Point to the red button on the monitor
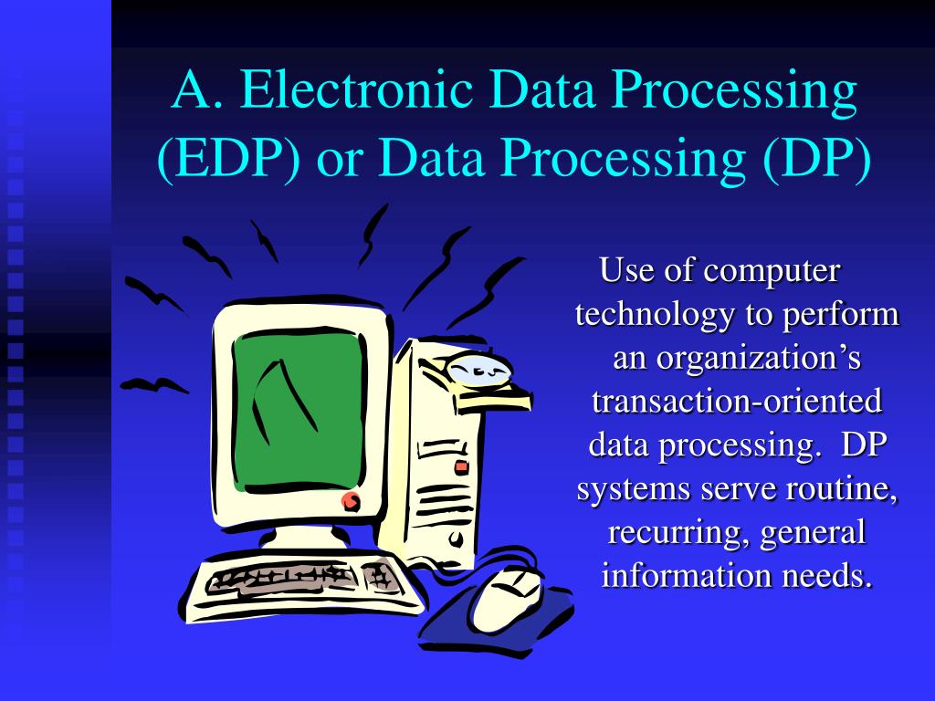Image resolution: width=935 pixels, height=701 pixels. (351, 500)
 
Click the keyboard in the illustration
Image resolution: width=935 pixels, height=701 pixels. (301, 579)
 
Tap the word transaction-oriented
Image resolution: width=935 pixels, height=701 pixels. (737, 402)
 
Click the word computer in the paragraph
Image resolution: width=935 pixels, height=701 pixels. (771, 271)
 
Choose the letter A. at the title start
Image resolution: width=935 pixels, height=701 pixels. (191, 91)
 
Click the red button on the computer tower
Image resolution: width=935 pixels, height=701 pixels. (461, 466)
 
